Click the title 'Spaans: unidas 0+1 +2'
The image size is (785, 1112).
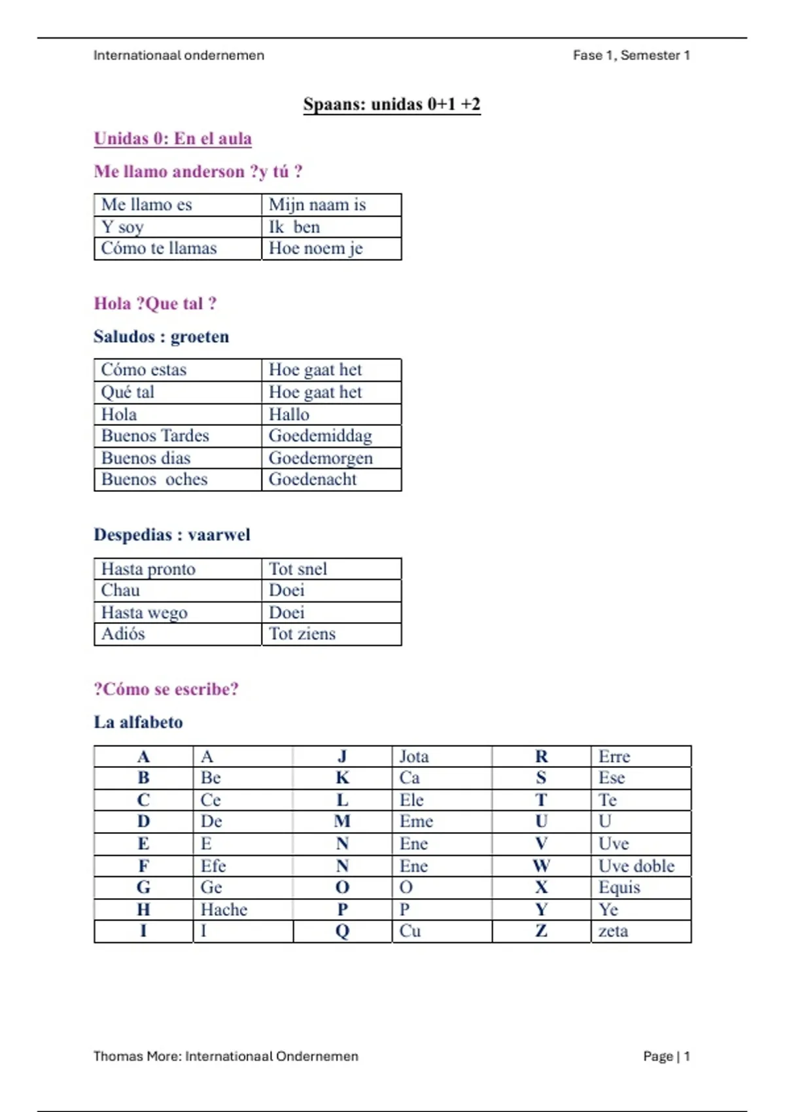(391, 105)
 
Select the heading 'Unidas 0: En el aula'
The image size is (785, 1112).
(173, 139)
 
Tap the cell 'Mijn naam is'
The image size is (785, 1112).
(317, 205)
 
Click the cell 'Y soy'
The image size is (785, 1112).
(122, 227)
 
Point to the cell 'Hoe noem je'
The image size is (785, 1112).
(315, 249)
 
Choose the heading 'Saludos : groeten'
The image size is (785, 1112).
(161, 337)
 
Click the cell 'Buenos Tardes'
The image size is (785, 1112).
(155, 436)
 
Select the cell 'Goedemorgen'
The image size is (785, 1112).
(321, 458)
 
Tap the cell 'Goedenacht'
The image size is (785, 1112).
(313, 479)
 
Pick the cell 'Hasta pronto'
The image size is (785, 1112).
(148, 569)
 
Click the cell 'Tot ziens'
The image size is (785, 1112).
(302, 634)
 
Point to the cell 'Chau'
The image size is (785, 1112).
(120, 591)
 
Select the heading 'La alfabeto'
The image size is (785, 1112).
(138, 722)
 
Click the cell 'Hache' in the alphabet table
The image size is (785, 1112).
(224, 910)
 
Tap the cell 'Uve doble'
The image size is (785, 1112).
(636, 866)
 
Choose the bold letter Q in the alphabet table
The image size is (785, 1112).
(342, 931)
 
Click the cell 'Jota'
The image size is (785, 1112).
(414, 757)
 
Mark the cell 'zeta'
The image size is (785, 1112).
(613, 931)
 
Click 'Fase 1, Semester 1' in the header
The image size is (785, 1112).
(631, 56)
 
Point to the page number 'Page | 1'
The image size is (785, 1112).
(666, 1056)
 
